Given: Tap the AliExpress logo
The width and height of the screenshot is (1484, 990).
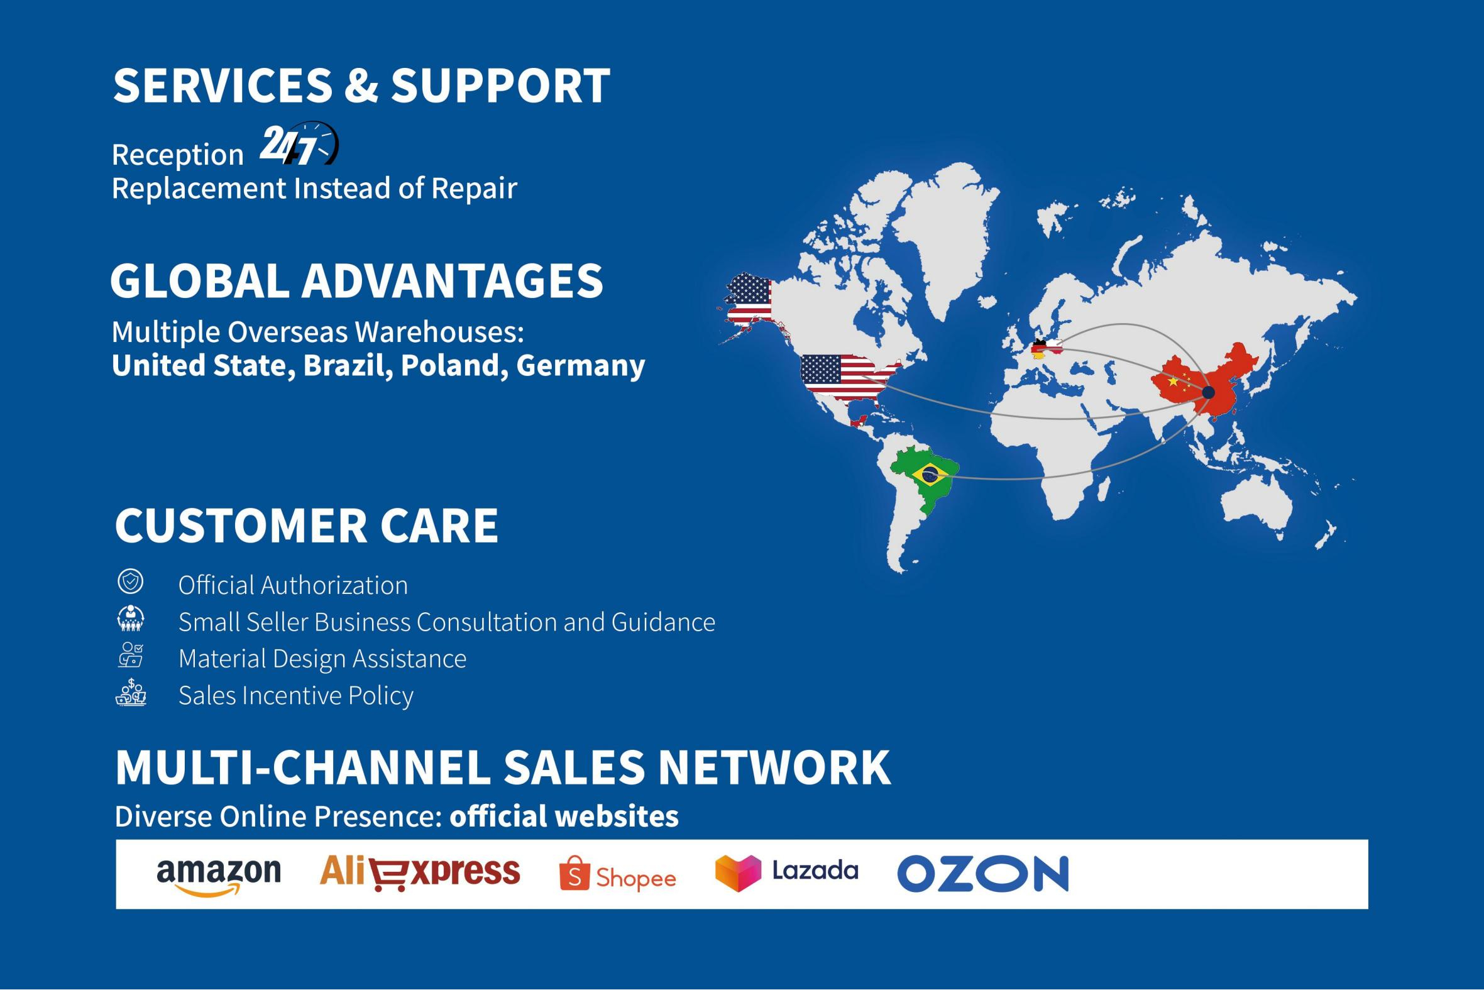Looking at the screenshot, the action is [x=420, y=872].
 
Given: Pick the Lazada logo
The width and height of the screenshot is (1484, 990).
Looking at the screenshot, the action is [x=786, y=873].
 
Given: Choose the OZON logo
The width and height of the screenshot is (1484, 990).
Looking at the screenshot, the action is [x=983, y=874].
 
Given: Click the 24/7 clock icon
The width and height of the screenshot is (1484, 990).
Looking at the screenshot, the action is [x=299, y=144].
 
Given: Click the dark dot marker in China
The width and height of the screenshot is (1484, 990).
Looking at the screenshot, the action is [x=1208, y=392].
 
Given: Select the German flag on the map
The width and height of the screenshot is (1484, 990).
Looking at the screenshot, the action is [x=1038, y=349].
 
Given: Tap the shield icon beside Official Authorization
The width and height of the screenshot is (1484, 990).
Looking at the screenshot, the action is [x=131, y=581].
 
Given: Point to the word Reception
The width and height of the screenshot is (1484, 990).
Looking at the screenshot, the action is [x=177, y=155].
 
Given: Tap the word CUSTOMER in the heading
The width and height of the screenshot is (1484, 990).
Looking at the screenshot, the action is [x=240, y=525].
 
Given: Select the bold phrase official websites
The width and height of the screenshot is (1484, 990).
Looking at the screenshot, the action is [x=564, y=817].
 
